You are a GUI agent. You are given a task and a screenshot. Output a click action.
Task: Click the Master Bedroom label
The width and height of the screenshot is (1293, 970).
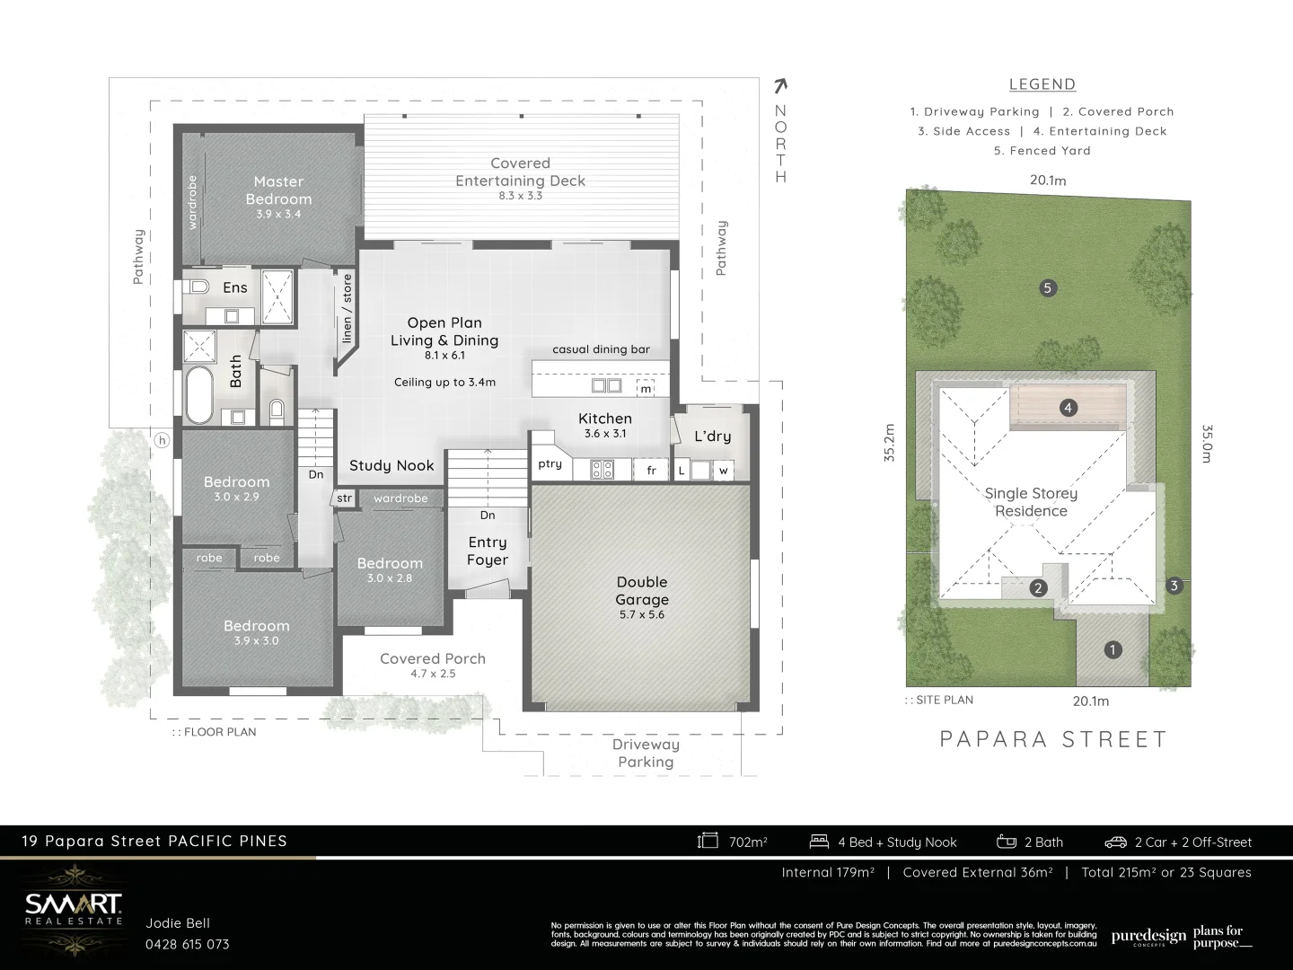point(278,190)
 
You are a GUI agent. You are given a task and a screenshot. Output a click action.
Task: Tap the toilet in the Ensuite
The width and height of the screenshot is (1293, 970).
point(198,287)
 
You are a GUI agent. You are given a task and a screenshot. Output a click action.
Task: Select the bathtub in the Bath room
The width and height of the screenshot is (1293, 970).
point(199,395)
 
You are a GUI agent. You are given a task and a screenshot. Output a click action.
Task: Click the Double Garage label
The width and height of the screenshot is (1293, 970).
point(642,591)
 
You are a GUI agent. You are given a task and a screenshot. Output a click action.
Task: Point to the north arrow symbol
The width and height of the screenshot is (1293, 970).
point(780,86)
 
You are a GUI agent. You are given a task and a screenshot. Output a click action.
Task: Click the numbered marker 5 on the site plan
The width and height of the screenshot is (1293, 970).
point(1047,288)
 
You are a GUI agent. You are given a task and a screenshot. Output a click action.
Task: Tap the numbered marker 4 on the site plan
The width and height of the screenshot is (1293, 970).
point(1068,408)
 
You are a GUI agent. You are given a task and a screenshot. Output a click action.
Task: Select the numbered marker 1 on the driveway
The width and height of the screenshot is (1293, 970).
point(1113,650)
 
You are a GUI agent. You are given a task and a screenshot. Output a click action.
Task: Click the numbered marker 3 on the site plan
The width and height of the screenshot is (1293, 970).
point(1174,586)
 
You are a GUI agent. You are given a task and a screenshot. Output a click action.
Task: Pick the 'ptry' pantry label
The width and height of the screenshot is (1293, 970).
point(550,464)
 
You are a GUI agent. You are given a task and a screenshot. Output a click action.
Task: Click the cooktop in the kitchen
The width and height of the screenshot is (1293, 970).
point(602,469)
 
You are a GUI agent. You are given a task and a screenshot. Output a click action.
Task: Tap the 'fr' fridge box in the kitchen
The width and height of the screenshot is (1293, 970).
point(652,470)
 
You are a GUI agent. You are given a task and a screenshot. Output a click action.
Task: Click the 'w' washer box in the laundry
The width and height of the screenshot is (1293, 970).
point(723,471)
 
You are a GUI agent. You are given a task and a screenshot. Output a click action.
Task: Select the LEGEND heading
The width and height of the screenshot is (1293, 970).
point(1042,84)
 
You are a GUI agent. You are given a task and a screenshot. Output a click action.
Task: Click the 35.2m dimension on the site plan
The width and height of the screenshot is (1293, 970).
point(890,443)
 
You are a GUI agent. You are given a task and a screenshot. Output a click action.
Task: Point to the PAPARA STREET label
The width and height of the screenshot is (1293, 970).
point(1053,739)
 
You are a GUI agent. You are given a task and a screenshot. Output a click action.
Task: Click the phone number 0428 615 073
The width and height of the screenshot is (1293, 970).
point(188,944)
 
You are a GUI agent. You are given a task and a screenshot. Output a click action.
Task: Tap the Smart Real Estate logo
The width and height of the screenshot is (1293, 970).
point(73,905)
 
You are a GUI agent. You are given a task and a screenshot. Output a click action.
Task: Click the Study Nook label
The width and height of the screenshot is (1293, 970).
point(391,465)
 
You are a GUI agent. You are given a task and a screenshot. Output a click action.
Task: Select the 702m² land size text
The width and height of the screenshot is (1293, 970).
point(747,842)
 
